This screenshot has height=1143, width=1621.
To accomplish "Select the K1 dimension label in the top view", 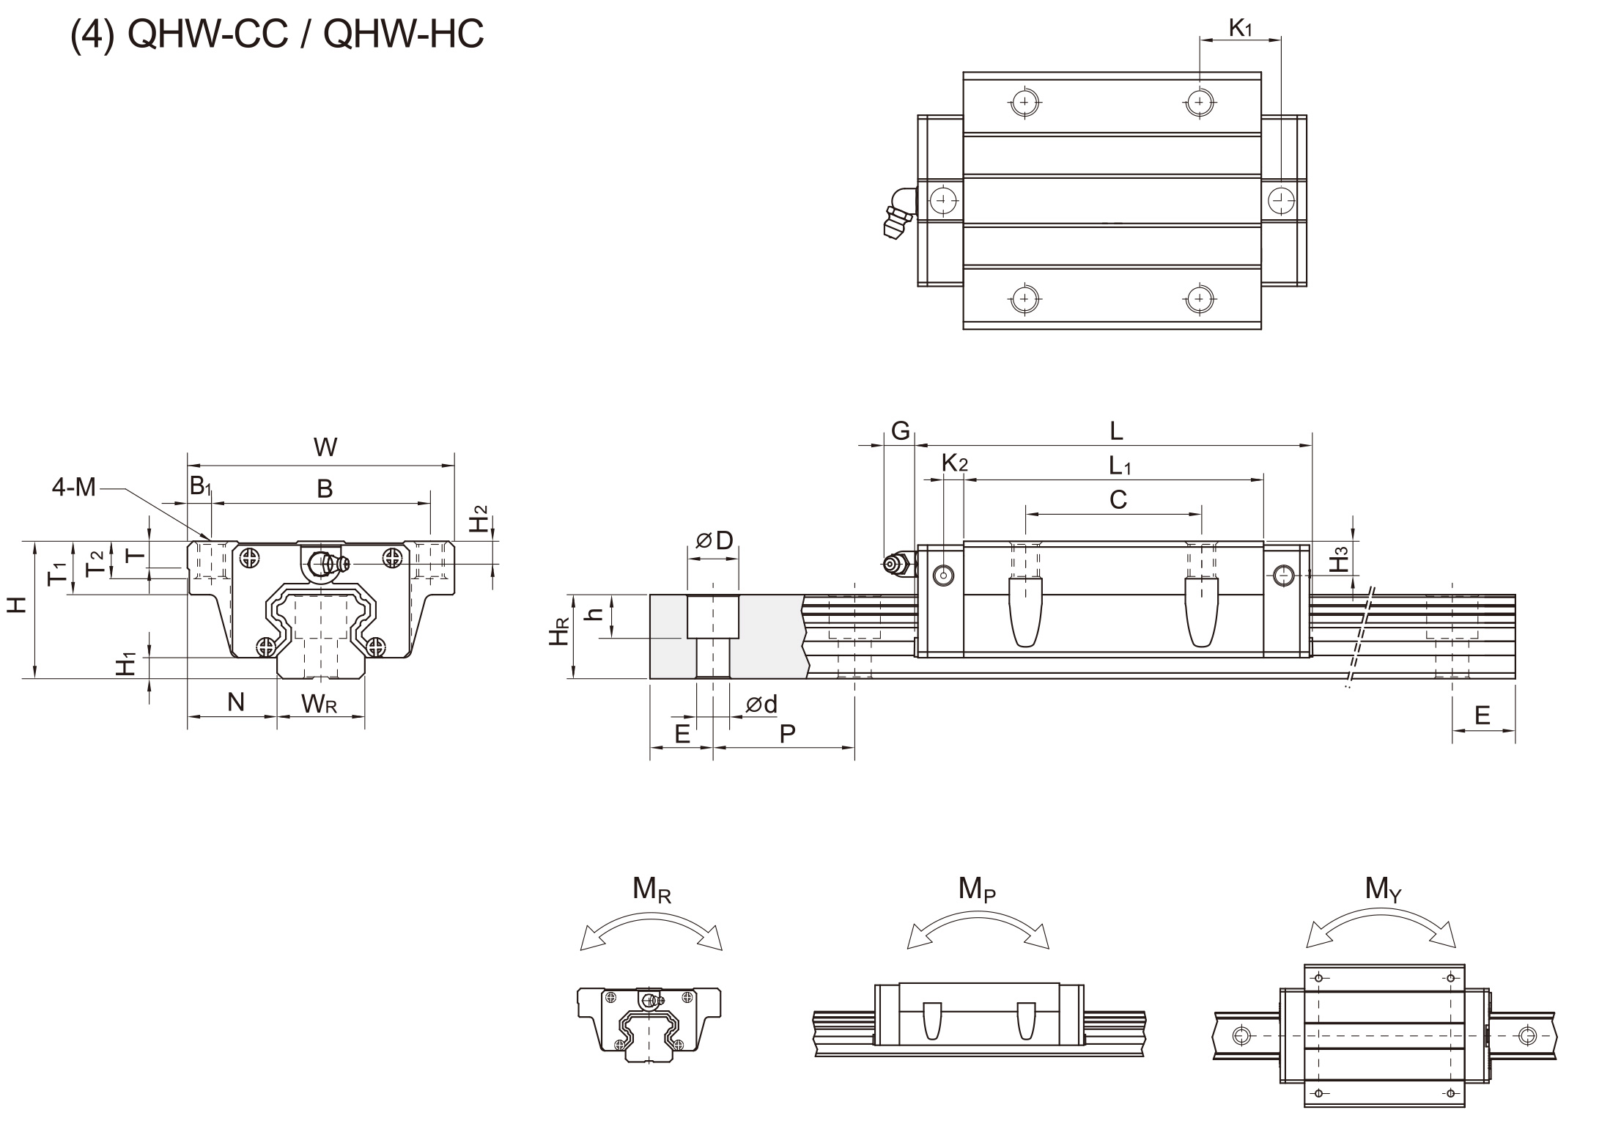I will pos(1240,28).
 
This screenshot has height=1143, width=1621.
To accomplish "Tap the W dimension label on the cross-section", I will pos(325,446).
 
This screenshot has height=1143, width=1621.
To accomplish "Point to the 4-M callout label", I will pos(74,487).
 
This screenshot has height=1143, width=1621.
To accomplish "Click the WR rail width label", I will pos(320,704).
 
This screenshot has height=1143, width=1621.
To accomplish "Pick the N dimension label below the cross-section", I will pos(235,702).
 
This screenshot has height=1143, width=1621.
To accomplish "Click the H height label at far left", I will pos(17,603).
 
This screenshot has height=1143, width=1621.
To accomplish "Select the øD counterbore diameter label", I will pos(714,540).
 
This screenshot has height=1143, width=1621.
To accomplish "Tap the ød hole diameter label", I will pos(761,705).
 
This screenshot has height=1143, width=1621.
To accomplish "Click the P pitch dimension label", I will pos(787,733).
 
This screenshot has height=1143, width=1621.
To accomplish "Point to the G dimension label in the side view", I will pos(901,430).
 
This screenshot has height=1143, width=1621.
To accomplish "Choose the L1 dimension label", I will pos(1120,466).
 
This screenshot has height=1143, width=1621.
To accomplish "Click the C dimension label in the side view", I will pos(1118,500).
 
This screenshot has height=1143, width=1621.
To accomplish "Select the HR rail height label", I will pos(559,631).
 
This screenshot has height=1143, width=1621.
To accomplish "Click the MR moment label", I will pos(651,889).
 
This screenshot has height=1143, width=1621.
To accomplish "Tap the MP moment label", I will pos(977,889).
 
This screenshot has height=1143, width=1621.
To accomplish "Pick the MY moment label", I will pos(1383,889).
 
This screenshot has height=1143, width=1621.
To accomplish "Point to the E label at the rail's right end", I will pos(1482,715).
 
